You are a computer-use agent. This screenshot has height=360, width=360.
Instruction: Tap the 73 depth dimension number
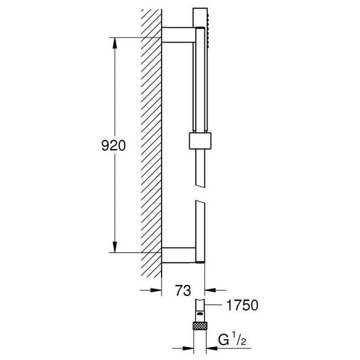[183, 290]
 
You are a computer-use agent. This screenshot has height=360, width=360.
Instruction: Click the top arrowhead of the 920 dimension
[115, 42]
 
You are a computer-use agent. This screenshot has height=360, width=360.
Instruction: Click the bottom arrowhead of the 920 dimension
[115, 248]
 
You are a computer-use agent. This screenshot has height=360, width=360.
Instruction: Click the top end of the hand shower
[198, 11]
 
